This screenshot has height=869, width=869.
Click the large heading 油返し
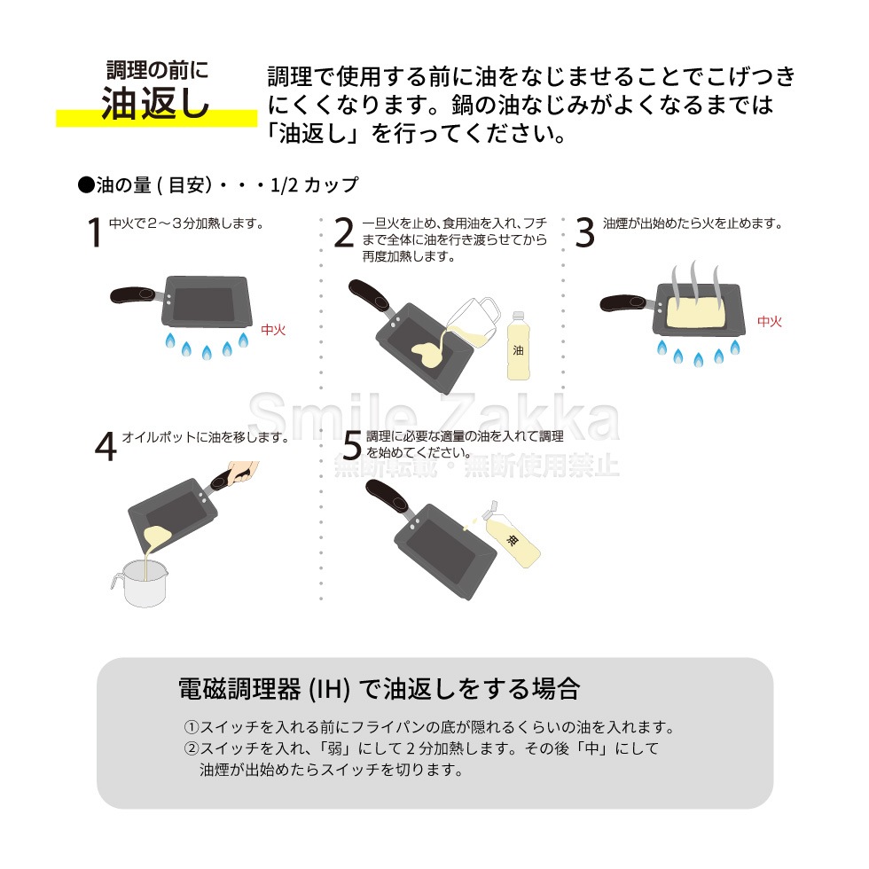pyautogui.click(x=155, y=103)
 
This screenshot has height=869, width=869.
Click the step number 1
pyautogui.click(x=94, y=231)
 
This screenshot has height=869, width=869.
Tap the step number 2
pyautogui.click(x=344, y=232)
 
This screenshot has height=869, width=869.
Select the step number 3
pyautogui.click(x=584, y=232)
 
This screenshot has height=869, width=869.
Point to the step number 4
pyautogui.click(x=106, y=446)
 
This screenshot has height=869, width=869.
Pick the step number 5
pyautogui.click(x=352, y=445)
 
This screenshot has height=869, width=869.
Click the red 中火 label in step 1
pyautogui.click(x=273, y=330)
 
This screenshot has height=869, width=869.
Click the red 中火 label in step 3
pyautogui.click(x=770, y=321)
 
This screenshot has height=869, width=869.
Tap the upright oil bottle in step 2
pyautogui.click(x=518, y=346)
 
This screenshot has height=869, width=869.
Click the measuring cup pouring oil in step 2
pyautogui.click(x=474, y=321)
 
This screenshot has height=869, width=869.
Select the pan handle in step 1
pyautogui.click(x=136, y=294)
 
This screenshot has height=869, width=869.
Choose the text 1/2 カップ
pyautogui.click(x=314, y=184)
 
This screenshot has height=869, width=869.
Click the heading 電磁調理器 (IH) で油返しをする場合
pyautogui.click(x=380, y=689)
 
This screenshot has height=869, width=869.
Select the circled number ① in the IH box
pyautogui.click(x=192, y=727)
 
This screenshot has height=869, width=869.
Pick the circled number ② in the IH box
pyautogui.click(x=192, y=748)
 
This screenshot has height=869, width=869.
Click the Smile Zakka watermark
pyautogui.click(x=434, y=416)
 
